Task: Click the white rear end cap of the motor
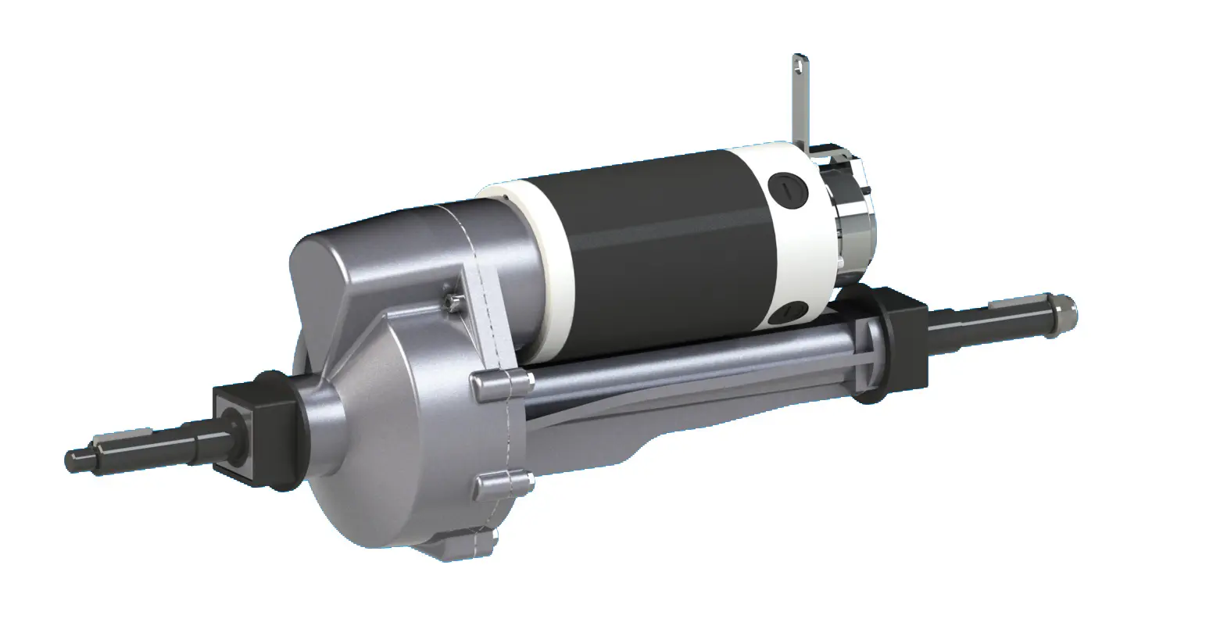click(801, 250)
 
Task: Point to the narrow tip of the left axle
click(78, 455)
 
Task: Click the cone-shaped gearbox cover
click(391, 438)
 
